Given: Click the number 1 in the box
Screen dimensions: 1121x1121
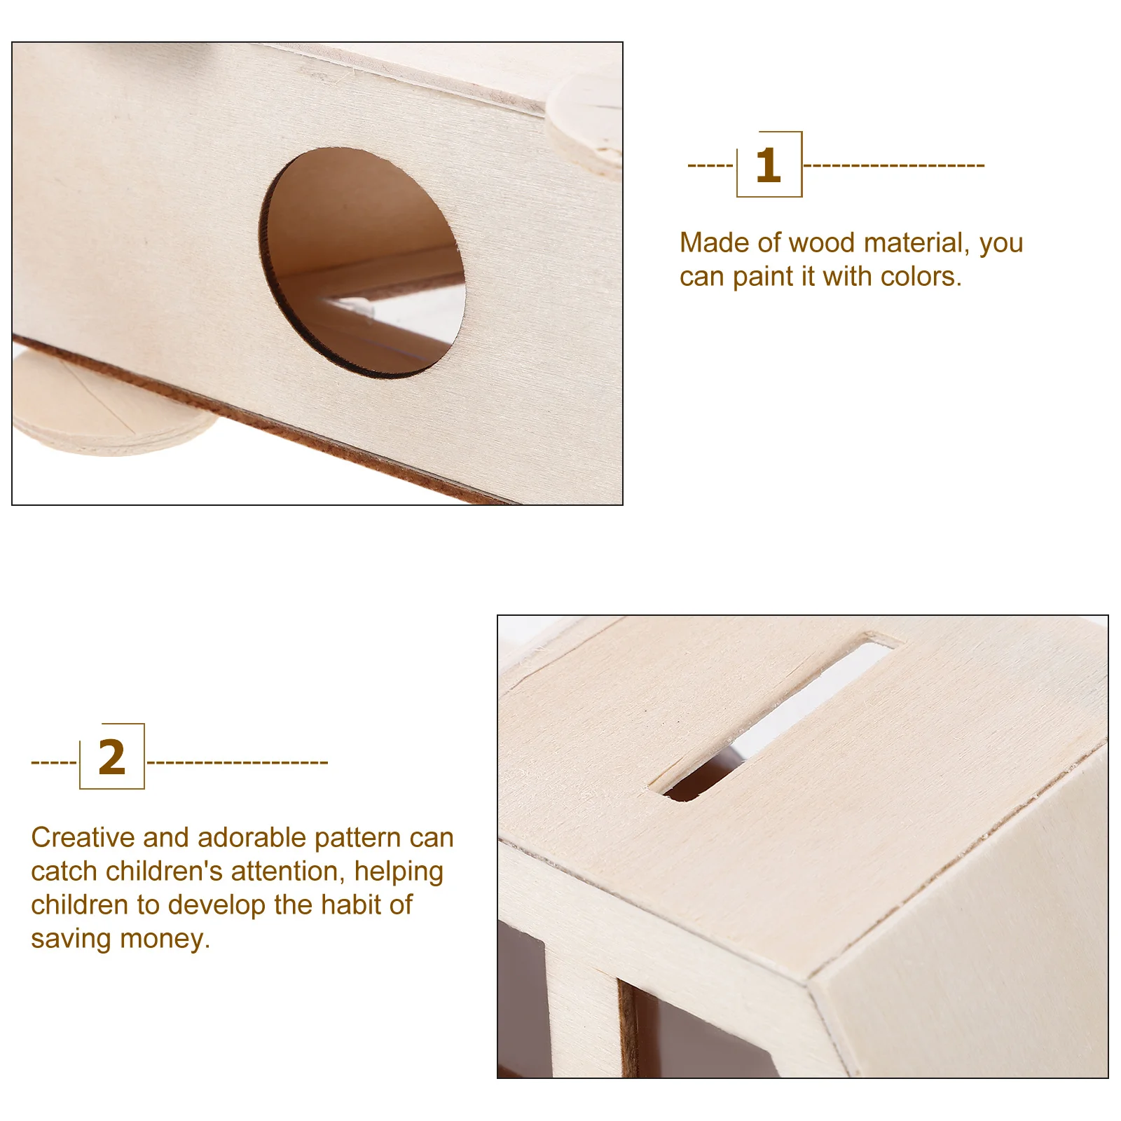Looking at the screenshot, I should click(768, 165).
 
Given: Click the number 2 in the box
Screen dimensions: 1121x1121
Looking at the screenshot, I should click(112, 757).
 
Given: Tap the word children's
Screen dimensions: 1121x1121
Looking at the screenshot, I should click(164, 872).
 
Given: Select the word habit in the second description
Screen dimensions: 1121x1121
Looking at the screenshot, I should click(347, 905).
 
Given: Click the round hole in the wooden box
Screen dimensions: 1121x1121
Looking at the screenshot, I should click(362, 263).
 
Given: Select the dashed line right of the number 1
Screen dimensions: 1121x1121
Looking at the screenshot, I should click(893, 165).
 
